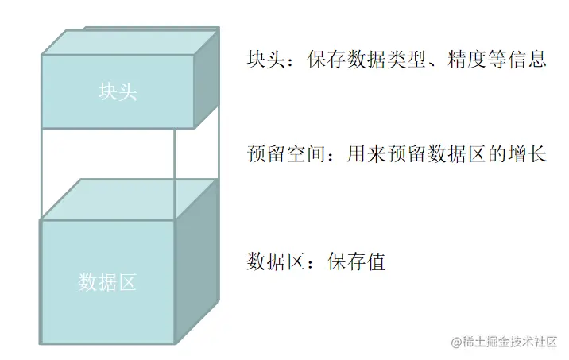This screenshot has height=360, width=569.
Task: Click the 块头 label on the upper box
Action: point(118,92)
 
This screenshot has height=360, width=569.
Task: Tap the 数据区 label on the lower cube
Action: point(108,281)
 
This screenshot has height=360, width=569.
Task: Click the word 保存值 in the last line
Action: point(357,261)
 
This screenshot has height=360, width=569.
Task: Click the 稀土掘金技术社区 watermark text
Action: point(511,342)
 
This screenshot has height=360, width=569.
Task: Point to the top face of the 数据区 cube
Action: point(129,199)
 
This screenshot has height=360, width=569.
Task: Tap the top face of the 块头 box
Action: point(127,42)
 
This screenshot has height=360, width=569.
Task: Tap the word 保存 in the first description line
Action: point(325,60)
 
